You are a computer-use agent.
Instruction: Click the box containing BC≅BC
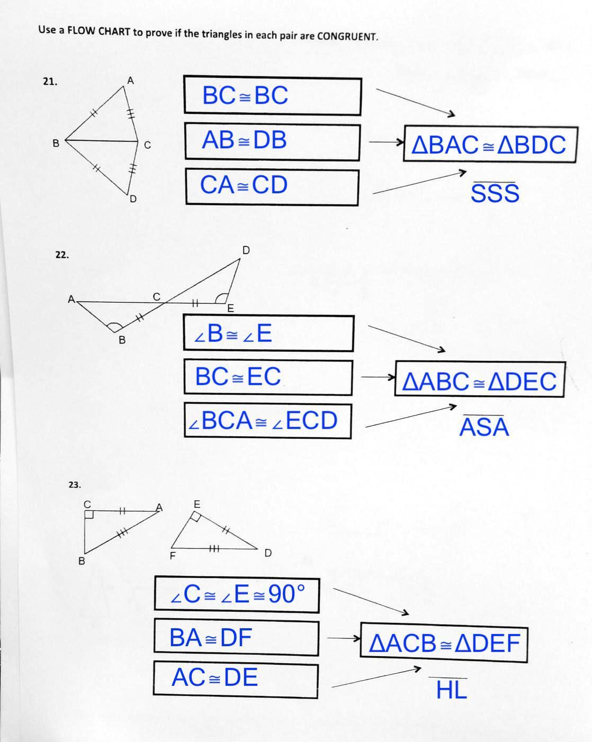coord(272,96)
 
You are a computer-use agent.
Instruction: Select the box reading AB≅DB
coord(272,141)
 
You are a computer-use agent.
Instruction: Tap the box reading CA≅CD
coord(272,186)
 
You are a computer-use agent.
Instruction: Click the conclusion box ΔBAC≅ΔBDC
coord(489,144)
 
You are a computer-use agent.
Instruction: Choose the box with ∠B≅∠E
coord(268,333)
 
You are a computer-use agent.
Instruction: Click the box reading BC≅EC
coord(268,377)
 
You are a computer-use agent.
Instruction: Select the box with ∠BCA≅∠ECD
coord(267,421)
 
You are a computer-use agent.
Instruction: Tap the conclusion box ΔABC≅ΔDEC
coord(480,380)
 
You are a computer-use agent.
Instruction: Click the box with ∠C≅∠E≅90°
coord(237,594)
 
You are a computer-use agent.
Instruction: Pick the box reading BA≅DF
coord(236,638)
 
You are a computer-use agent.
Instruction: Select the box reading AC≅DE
coord(236,678)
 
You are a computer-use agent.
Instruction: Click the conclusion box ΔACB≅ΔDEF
coord(444,643)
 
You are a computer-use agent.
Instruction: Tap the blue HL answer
coord(451,690)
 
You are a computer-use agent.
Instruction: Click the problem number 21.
coord(50,82)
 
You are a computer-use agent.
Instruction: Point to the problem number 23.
coord(75,484)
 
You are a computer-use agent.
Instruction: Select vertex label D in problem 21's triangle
coord(133,199)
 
